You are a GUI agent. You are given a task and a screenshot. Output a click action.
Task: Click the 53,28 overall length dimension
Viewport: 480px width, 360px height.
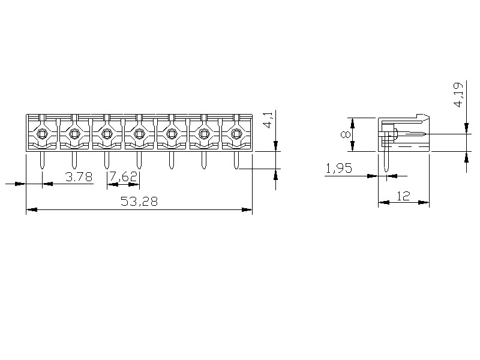click(x=139, y=201)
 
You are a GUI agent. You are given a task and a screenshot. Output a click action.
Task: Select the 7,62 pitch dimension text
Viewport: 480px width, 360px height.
click(x=124, y=176)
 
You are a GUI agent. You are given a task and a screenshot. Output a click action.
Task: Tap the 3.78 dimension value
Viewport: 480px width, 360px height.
click(x=79, y=176)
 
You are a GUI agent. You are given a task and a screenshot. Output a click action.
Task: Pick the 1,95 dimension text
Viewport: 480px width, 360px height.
click(x=339, y=169)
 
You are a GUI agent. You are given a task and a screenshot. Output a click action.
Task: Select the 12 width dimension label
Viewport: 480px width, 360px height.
click(x=403, y=196)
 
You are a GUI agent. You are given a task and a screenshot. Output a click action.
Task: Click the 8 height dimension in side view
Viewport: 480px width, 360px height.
click(x=346, y=134)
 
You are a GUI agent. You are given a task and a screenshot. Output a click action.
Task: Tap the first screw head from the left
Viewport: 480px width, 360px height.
click(x=41, y=133)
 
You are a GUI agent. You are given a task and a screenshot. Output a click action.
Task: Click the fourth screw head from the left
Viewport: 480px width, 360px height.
click(x=139, y=133)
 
